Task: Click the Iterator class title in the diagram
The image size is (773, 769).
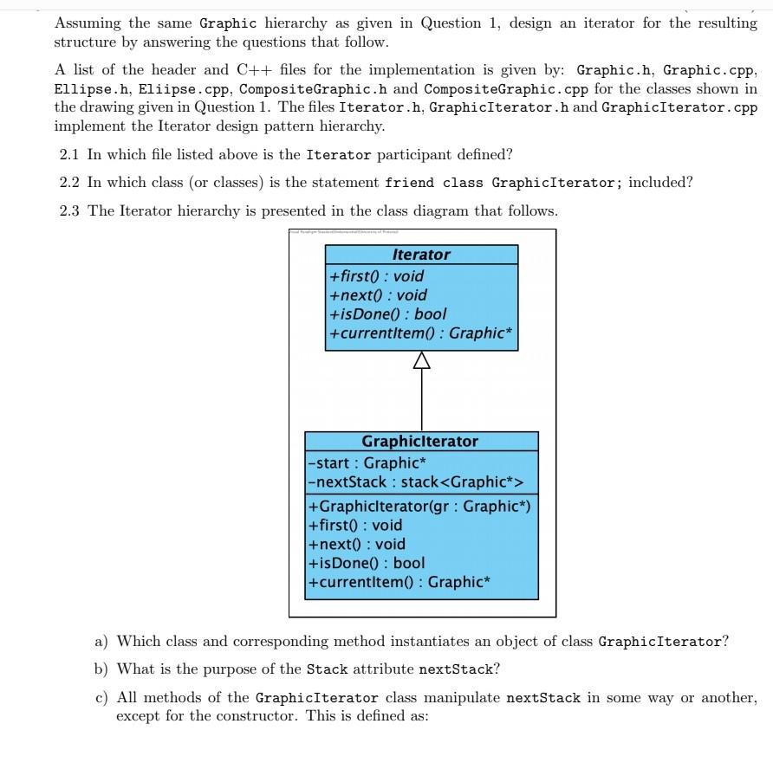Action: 421,255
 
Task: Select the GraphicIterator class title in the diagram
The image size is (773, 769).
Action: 420,441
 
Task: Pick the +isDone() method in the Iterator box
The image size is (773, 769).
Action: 388,313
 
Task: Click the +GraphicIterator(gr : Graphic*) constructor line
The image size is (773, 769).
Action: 419,506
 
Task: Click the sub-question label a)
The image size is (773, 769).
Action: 101,642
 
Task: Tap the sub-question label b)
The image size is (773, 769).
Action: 101,669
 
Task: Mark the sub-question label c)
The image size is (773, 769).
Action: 101,697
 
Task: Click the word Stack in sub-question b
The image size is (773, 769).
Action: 327,669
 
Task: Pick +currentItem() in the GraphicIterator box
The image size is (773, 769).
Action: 399,582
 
